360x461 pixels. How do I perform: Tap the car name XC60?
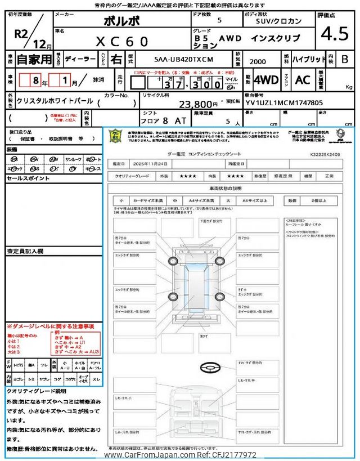click(x=122, y=41)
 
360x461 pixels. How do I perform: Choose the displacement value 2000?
click(x=258, y=60)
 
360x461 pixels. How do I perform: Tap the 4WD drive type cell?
click(x=266, y=79)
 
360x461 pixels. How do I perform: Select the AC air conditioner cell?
click(x=303, y=79)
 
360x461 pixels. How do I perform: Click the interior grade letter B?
click(x=345, y=59)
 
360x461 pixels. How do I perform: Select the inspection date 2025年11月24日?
click(x=147, y=164)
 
